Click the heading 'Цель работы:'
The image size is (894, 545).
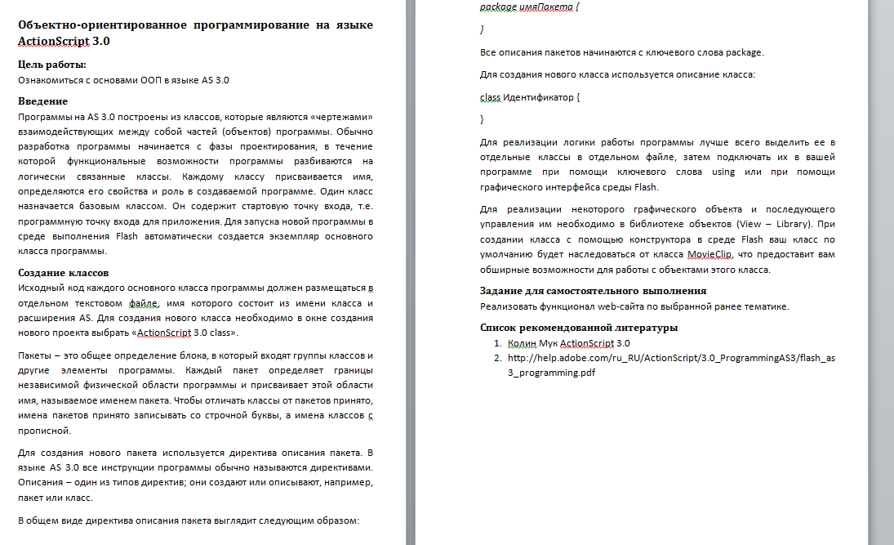52,65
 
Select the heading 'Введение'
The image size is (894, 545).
42,101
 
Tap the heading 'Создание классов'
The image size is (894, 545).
63,272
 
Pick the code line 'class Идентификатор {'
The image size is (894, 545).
530,97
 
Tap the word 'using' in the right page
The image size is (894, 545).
723,172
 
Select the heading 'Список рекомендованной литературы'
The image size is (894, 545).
579,328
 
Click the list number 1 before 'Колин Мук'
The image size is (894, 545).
496,343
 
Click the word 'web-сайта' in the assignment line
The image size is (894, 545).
626,306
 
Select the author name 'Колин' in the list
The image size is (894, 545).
522,343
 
